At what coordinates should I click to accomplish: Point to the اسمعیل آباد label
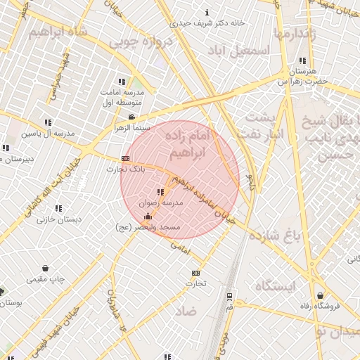239,51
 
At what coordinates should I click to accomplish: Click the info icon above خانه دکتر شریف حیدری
207,12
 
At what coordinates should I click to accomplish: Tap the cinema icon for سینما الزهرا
131,117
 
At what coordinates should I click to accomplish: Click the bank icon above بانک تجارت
126,159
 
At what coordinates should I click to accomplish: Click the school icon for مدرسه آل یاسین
48,122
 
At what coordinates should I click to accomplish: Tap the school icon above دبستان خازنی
58,208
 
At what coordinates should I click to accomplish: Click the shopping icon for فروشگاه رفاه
321,295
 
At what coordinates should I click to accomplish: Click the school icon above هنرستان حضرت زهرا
302,60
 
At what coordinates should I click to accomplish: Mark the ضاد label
186,310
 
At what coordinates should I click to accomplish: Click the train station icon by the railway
230,298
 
